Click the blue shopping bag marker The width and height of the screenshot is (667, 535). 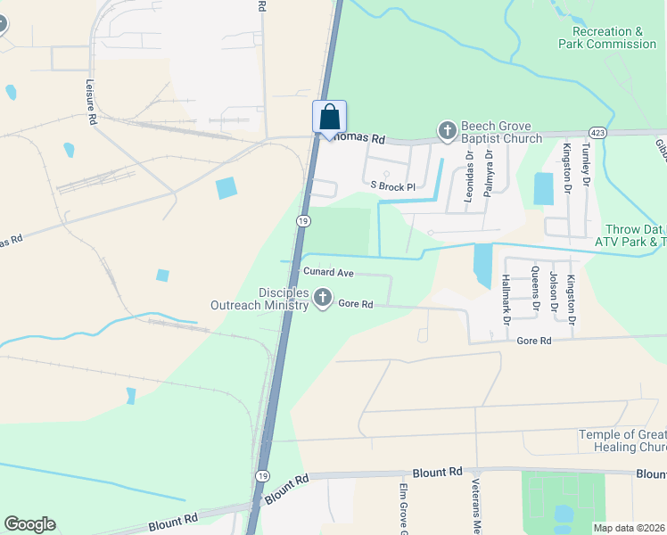point(329,118)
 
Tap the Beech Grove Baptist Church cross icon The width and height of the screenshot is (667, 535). point(446,132)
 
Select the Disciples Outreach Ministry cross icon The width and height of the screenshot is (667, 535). point(322,297)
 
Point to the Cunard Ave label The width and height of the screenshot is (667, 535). point(329,271)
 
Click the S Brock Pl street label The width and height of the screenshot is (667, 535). point(393,187)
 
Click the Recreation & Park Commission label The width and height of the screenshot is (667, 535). point(607,37)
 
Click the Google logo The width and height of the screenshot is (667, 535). point(29,524)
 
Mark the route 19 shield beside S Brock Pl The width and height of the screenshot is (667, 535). point(304,220)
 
